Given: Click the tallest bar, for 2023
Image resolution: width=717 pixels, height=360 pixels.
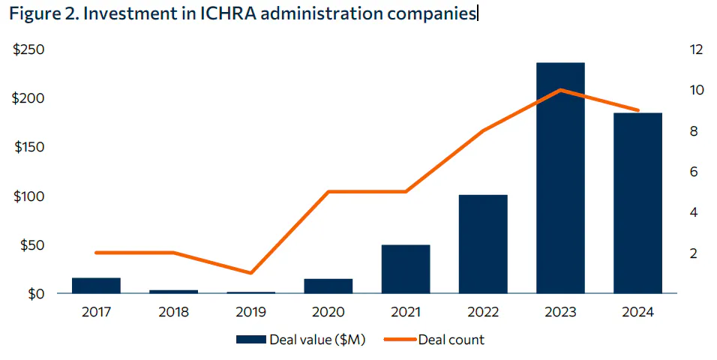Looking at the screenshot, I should pyautogui.click(x=560, y=178).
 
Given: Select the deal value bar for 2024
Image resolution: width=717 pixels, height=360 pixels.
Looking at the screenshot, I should pyautogui.click(x=637, y=202).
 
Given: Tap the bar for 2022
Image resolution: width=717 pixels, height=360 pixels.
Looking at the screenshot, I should pyautogui.click(x=483, y=244).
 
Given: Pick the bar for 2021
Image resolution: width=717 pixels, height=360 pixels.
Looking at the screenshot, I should pyautogui.click(x=406, y=268).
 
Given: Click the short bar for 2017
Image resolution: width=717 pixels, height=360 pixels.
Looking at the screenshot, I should pyautogui.click(x=96, y=285).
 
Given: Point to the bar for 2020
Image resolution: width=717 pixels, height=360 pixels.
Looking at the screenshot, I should pyautogui.click(x=328, y=286).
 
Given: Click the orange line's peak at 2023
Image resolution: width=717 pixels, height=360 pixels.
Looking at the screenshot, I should pyautogui.click(x=560, y=90).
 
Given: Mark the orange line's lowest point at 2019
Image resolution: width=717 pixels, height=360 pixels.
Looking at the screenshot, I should pyautogui.click(x=251, y=273).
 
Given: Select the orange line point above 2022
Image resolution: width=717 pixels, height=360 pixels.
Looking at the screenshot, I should pyautogui.click(x=483, y=131).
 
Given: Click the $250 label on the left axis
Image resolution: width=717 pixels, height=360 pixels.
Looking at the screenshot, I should pyautogui.click(x=29, y=50).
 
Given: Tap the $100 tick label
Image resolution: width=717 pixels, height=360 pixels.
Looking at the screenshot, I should pyautogui.click(x=29, y=196).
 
